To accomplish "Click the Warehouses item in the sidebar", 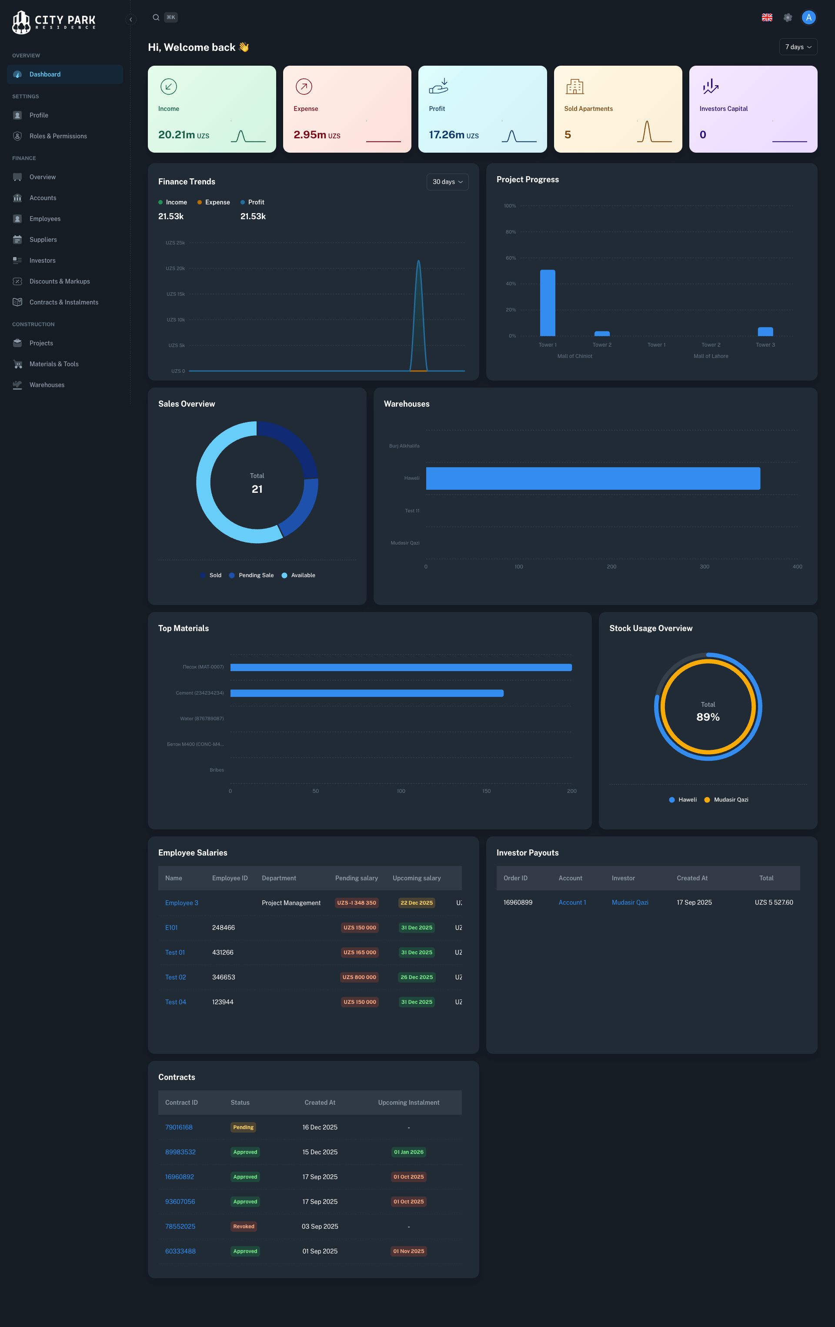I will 47,384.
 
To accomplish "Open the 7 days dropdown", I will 798,47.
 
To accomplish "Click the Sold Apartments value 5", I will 568,134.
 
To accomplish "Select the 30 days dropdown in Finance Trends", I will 447,182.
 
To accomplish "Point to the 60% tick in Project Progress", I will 511,258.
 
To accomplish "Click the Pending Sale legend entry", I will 256,575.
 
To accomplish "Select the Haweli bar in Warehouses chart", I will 592,478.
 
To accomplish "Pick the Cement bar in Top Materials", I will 367,693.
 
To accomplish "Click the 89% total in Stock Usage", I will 708,717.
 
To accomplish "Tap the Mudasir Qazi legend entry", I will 730,799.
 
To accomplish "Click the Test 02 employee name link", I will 175,977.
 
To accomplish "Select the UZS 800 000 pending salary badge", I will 359,977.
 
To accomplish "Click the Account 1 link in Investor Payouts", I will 572,902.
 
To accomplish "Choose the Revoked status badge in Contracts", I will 244,1226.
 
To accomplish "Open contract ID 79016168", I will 179,1127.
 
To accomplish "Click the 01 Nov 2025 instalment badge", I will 408,1251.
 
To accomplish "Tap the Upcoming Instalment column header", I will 408,1102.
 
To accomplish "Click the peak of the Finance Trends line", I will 418,261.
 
